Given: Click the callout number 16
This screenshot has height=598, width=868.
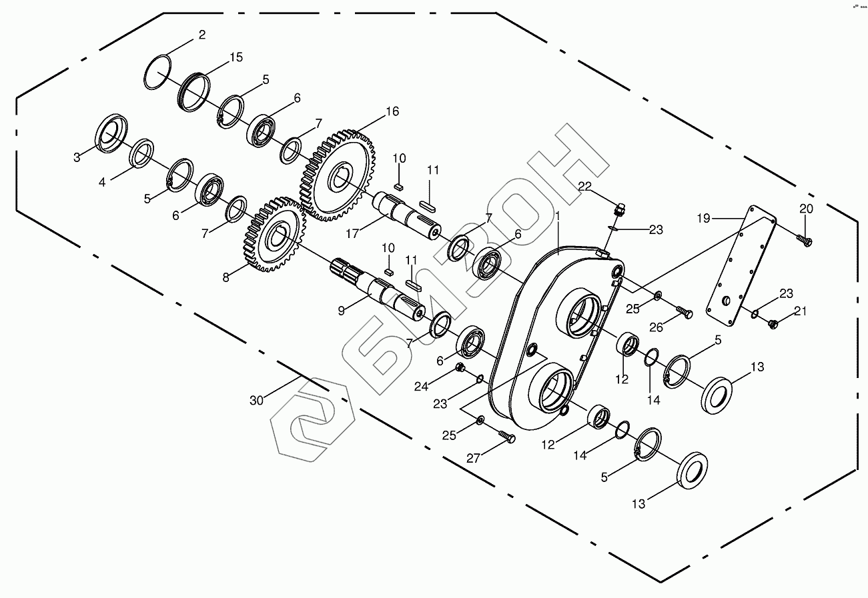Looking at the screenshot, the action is tap(392, 111).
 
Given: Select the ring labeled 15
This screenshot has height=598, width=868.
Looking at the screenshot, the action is tap(194, 90).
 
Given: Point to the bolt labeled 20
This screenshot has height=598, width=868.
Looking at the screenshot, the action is tap(805, 239).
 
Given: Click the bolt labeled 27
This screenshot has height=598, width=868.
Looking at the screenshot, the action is tap(508, 437).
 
